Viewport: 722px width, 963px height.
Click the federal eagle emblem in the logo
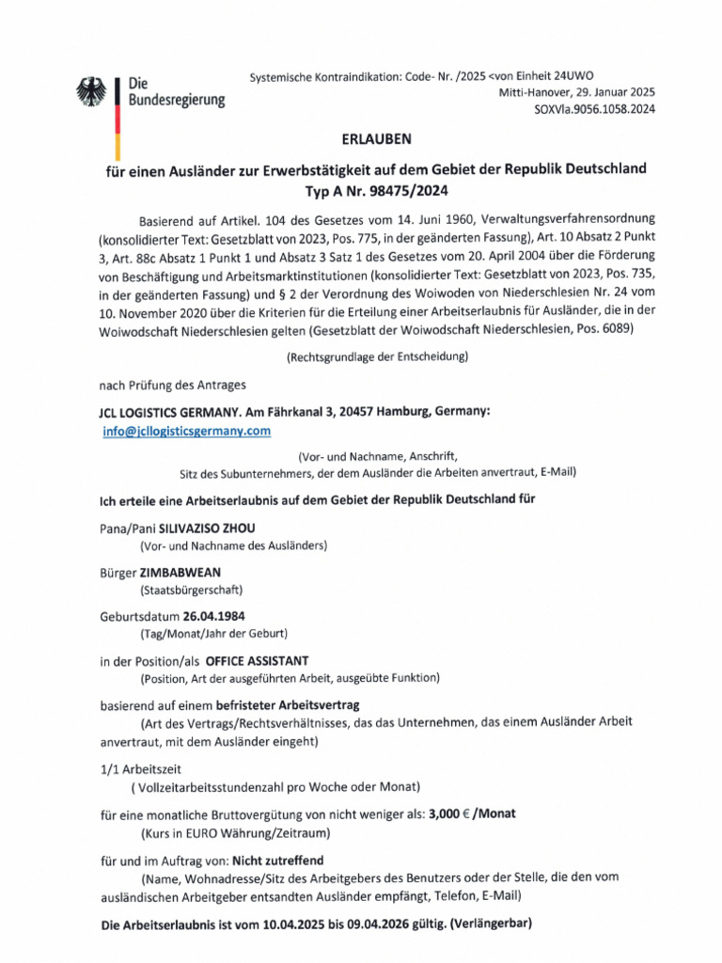[x=93, y=91]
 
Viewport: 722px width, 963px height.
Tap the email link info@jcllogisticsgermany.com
[x=187, y=431]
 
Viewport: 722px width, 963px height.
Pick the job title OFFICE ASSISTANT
[x=271, y=660]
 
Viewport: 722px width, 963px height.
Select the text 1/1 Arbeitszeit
[x=142, y=767]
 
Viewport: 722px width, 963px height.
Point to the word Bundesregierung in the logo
[x=176, y=100]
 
